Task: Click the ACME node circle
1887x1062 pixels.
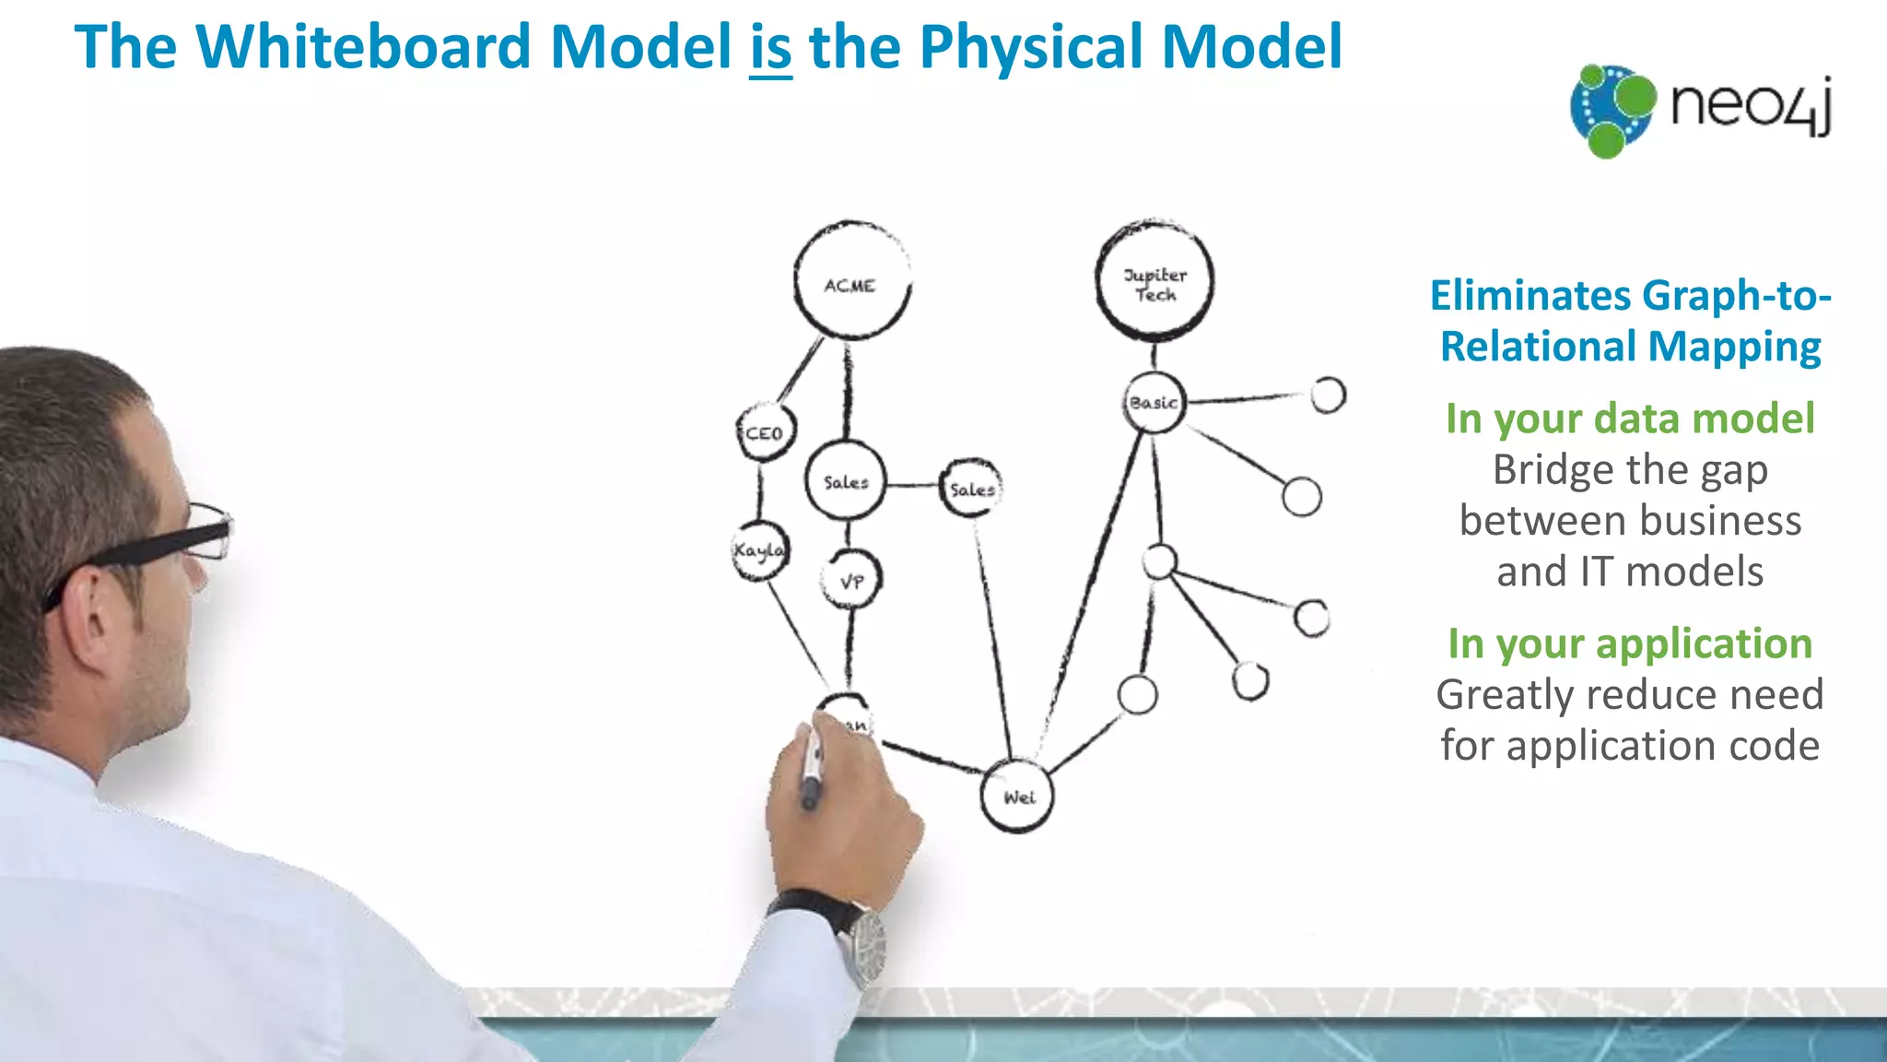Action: coord(851,282)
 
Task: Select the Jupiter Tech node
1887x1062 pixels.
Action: coord(1154,282)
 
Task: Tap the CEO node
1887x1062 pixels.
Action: coord(765,431)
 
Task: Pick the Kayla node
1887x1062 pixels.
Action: coord(759,551)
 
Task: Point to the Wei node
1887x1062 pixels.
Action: coord(1016,796)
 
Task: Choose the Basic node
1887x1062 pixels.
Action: coord(1154,403)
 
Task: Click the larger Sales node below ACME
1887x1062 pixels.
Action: coord(845,481)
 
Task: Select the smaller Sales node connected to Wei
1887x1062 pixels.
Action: coord(970,489)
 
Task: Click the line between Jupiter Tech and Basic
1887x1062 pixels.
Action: coord(1154,356)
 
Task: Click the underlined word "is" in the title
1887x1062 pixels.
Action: coord(770,48)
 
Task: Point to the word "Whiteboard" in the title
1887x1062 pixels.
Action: coord(363,48)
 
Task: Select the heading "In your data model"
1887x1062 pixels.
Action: coord(1629,419)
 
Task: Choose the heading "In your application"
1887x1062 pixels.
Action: coord(1629,643)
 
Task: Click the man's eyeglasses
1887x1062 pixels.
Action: coord(184,539)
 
